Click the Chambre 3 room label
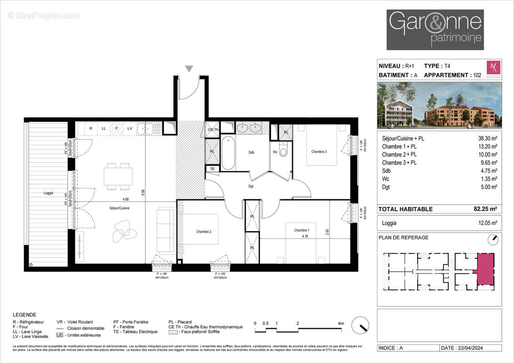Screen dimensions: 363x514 (x=319, y=152)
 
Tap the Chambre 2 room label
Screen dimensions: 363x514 (x=204, y=232)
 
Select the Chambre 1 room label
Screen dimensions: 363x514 (x=302, y=230)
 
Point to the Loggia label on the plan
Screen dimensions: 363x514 (x=49, y=193)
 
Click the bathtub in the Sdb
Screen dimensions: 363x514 (x=228, y=153)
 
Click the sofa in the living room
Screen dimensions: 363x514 (x=165, y=231)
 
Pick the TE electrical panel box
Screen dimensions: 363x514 (x=212, y=169)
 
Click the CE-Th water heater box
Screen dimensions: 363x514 (x=212, y=129)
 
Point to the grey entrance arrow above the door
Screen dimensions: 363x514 (x=189, y=69)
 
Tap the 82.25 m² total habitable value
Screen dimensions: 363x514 (x=485, y=209)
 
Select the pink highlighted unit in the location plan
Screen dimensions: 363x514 (x=485, y=269)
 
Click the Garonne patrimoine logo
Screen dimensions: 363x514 (x=435, y=29)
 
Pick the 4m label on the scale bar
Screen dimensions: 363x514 (x=341, y=324)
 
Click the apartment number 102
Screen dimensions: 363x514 (x=477, y=75)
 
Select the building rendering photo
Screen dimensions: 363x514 (x=439, y=105)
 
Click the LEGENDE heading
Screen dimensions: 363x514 (x=25, y=314)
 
